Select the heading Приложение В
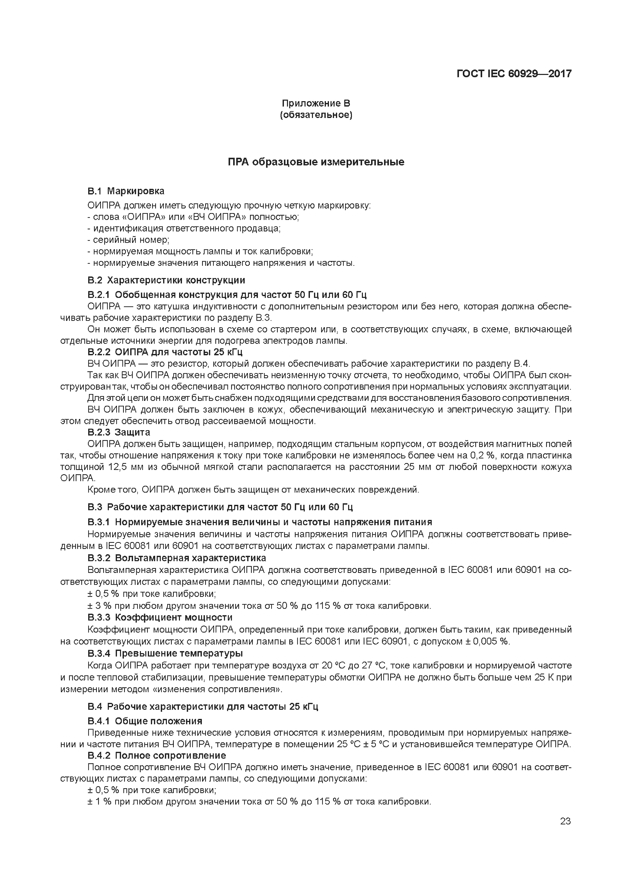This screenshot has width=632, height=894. point(316,103)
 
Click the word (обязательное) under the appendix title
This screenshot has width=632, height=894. point(316,115)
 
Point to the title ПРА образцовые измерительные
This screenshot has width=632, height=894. point(316,162)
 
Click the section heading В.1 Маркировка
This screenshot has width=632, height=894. point(126,191)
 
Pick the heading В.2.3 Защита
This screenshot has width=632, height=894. point(119,432)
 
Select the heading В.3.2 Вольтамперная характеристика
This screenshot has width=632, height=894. point(177,558)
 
